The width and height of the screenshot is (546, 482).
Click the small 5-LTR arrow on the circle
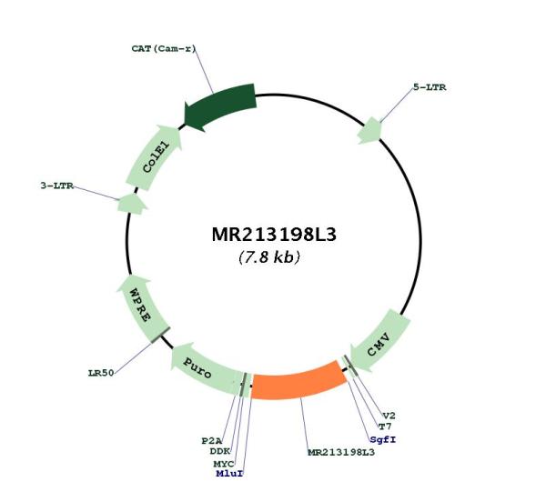click(x=369, y=131)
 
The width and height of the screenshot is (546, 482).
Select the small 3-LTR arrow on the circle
click(x=132, y=204)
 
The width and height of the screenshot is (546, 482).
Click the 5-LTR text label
click(x=430, y=87)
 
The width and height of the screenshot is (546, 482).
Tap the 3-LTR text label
click(x=57, y=186)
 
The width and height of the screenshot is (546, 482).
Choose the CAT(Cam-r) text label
click(x=164, y=49)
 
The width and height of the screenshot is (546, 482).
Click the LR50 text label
click(x=101, y=373)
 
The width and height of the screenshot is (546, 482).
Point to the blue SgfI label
click(x=383, y=439)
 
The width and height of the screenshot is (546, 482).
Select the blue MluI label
click(x=229, y=474)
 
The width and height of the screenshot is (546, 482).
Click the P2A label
click(x=212, y=441)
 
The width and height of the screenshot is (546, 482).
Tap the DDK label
click(x=220, y=451)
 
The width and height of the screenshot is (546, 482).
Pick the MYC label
click(x=224, y=464)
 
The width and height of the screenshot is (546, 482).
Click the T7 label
click(x=385, y=427)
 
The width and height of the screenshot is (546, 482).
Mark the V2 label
click(x=389, y=416)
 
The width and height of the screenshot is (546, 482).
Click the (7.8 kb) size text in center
click(x=269, y=257)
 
